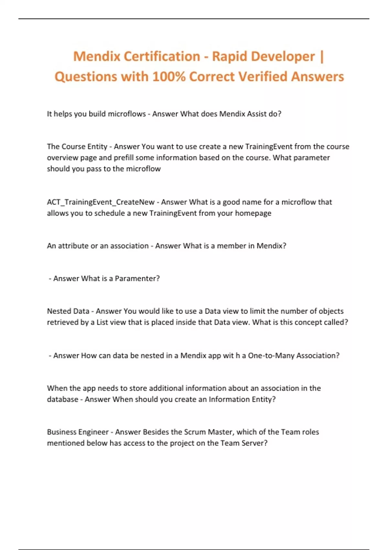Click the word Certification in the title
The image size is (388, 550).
click(x=162, y=57)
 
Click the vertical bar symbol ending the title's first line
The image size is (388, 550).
click(x=321, y=57)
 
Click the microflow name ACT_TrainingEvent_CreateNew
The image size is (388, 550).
click(x=101, y=202)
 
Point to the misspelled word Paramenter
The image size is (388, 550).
click(x=137, y=279)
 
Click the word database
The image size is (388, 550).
click(x=62, y=399)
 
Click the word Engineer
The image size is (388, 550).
click(x=93, y=432)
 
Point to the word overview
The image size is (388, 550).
click(x=63, y=158)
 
